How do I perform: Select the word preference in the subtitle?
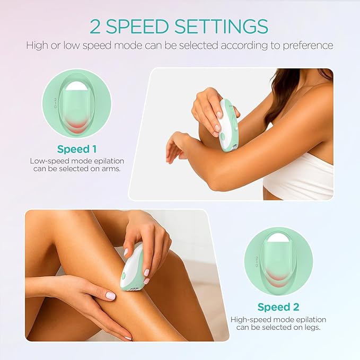coord(309,45)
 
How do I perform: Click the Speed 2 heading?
coord(278,307)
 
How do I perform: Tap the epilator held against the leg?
coord(131,266)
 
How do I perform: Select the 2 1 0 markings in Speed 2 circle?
coord(257,261)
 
